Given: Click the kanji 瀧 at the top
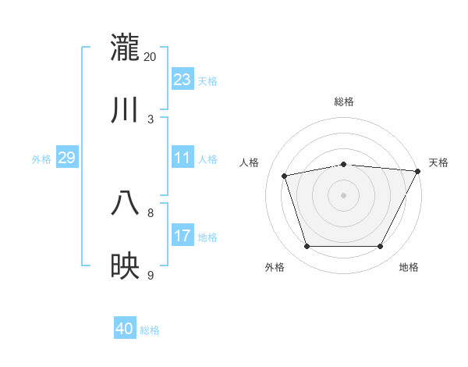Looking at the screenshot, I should [x=126, y=48].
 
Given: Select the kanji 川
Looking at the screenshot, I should [x=126, y=110].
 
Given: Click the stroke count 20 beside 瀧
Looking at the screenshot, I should [x=151, y=56].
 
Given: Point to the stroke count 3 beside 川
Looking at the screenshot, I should [x=151, y=119].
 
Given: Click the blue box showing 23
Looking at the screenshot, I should [x=183, y=80].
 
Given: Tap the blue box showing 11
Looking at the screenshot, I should [x=183, y=158].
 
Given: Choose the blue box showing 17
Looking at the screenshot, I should [x=183, y=236].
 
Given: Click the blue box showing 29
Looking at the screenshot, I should [x=66, y=158].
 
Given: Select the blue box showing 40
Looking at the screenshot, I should [x=125, y=329].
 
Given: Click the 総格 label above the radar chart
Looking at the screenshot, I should [x=344, y=102].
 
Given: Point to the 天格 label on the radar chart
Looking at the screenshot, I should [x=438, y=162].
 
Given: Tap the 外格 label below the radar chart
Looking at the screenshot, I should [x=275, y=267].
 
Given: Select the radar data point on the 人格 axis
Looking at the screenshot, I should [x=285, y=176].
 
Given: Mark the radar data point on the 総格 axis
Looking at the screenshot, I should [x=344, y=164].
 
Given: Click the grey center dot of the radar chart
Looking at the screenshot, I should [x=344, y=195].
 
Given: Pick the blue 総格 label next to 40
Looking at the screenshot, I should [x=150, y=330].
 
